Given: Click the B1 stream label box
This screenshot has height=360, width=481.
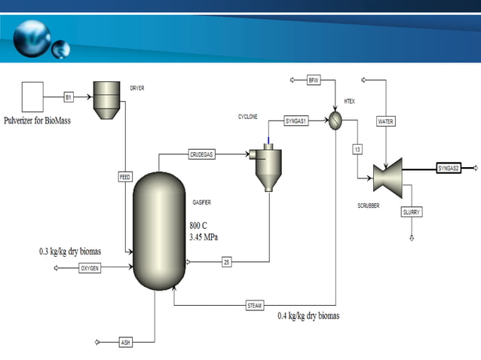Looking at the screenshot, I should pyautogui.click(x=68, y=97).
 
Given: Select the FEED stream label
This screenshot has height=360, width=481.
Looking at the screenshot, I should pyautogui.click(x=125, y=177).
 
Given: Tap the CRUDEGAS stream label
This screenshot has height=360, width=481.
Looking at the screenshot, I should pyautogui.click(x=201, y=154).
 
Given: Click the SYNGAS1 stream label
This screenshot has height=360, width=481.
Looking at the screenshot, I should pyautogui.click(x=296, y=121).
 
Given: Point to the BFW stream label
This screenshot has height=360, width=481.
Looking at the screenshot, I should pyautogui.click(x=314, y=80).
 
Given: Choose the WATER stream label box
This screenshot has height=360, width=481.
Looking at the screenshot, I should pyautogui.click(x=386, y=121).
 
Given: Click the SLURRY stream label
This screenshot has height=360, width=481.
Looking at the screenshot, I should pyautogui.click(x=412, y=212).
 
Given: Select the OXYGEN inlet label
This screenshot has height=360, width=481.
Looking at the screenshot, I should pyautogui.click(x=90, y=269).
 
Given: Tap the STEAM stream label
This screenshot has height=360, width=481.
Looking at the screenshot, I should pyautogui.click(x=255, y=305).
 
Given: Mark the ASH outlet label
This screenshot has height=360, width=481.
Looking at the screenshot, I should pyautogui.click(x=125, y=342).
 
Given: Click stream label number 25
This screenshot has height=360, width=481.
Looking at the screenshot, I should pyautogui.click(x=226, y=262).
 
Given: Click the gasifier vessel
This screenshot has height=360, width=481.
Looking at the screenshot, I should pyautogui.click(x=158, y=230).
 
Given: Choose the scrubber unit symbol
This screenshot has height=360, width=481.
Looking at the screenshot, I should pyautogui.click(x=388, y=176).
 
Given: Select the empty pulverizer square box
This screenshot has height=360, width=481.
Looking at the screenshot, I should pyautogui.click(x=33, y=97).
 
